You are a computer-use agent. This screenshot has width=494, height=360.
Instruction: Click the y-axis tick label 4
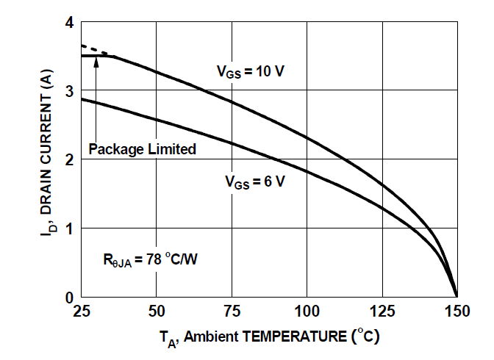69,23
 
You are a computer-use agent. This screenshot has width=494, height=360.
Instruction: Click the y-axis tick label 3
69,91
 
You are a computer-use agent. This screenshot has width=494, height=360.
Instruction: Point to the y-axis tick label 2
69,159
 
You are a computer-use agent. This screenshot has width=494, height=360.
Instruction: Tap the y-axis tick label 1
69,228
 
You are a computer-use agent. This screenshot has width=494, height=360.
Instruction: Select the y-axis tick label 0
69,297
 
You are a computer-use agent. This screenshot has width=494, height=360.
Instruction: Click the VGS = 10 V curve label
250,72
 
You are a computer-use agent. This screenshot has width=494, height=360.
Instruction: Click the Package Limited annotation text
142,149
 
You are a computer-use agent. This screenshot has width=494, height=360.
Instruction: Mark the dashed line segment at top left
94,50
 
